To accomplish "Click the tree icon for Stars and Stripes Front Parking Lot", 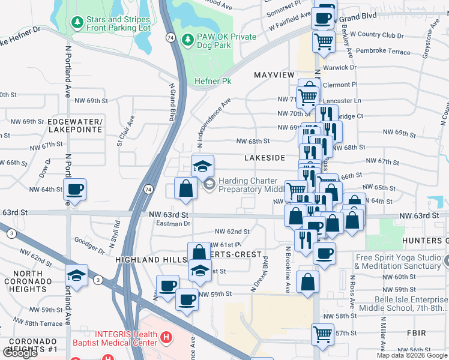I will [x=76, y=23].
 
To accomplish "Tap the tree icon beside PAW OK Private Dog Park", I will [x=188, y=39].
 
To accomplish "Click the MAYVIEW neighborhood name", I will [x=274, y=75].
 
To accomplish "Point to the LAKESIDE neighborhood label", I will [x=265, y=158].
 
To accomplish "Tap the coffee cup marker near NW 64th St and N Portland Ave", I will [x=76, y=190].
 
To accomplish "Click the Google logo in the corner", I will [x=20, y=353].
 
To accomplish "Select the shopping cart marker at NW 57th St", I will [x=322, y=334].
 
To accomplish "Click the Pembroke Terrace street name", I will [x=383, y=52].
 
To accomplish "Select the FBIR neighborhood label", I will [x=415, y=332].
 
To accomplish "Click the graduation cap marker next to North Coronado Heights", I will [x=76, y=275].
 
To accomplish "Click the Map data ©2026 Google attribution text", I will [x=412, y=355].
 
